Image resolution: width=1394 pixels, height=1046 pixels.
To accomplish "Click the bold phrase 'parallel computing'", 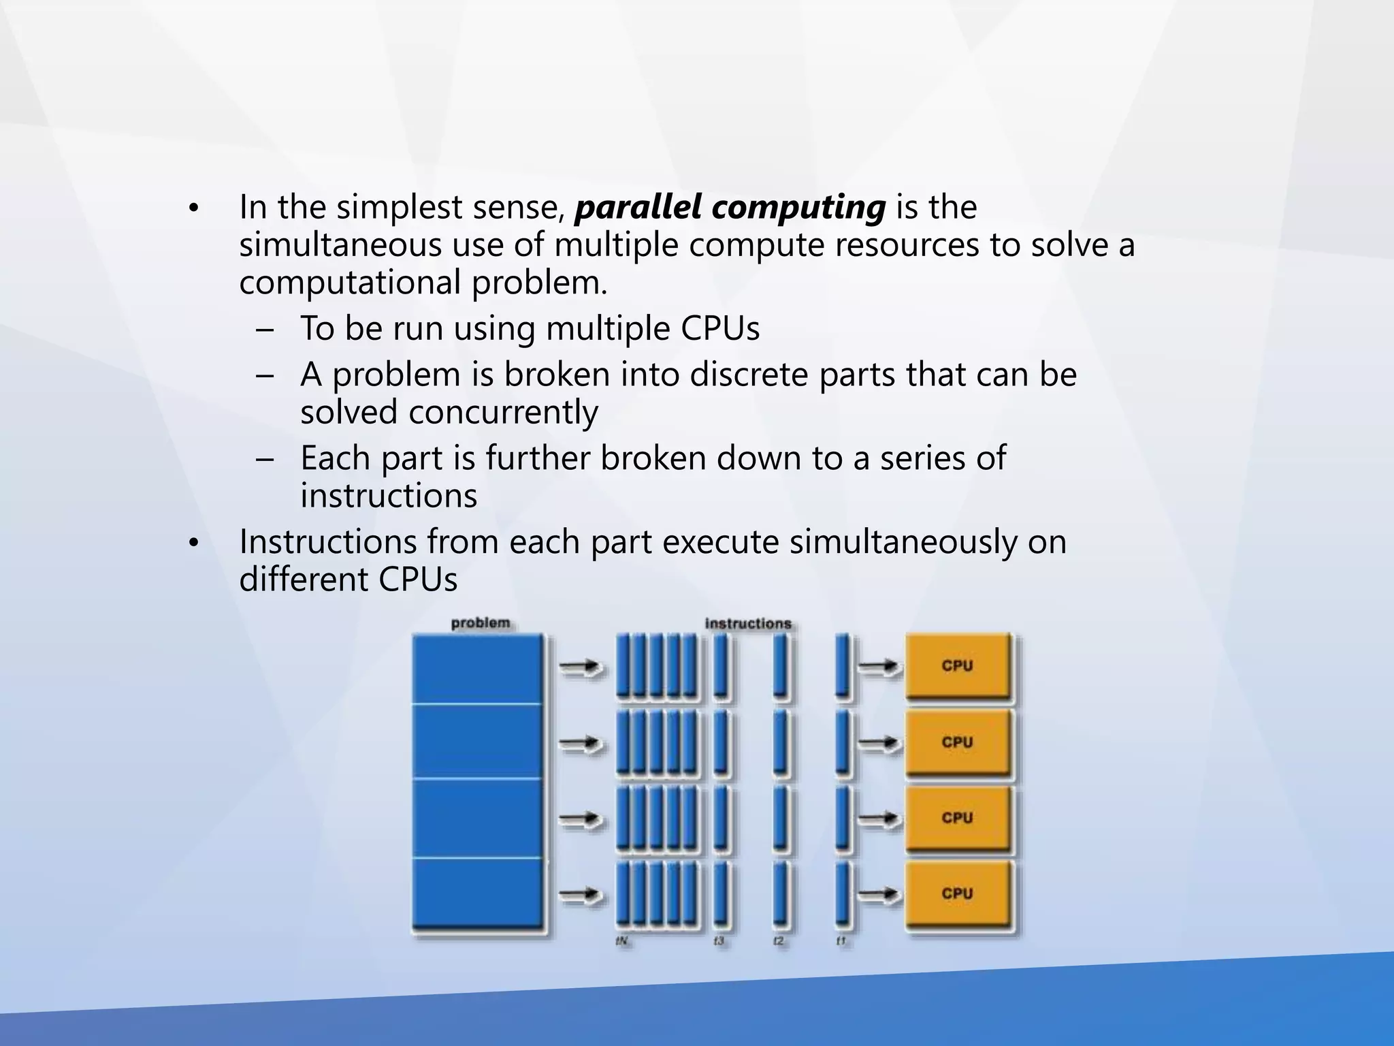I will tap(730, 207).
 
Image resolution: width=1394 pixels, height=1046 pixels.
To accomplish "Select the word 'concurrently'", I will tap(503, 413).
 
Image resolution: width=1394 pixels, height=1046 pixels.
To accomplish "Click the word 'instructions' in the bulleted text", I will tap(389, 496).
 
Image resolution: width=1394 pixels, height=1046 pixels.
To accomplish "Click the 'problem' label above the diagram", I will tap(481, 622).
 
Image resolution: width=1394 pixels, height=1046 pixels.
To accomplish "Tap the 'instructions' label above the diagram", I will tap(748, 623).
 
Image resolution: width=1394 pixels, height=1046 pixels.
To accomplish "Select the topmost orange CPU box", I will tap(957, 666).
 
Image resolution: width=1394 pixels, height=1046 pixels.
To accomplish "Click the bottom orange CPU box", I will tap(957, 893).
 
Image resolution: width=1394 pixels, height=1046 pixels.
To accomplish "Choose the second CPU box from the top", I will tap(957, 742).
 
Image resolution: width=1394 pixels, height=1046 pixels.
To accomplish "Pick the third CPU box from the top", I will tap(957, 817).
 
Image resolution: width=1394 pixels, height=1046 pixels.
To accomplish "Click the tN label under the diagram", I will tap(621, 941).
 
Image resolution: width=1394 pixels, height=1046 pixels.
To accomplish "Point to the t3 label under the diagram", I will tap(719, 941).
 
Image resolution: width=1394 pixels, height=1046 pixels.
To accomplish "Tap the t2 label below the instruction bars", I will tap(778, 941).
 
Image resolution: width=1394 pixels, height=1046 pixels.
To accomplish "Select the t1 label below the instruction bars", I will tap(841, 941).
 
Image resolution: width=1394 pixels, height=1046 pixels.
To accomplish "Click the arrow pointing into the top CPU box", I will tap(879, 667).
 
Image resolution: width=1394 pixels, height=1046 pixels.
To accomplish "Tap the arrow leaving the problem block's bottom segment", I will tap(581, 893).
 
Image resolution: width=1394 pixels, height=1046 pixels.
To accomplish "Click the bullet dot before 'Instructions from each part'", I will tap(193, 543).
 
